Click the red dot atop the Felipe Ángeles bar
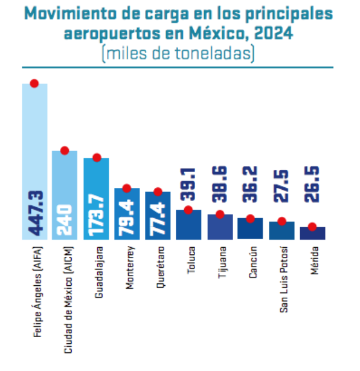pyautogui.click(x=34, y=83)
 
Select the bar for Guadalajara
pyautogui.click(x=96, y=199)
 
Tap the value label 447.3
pyautogui.click(x=36, y=213)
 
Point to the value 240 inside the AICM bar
pyautogui.click(x=65, y=220)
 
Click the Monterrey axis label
pyautogui.click(x=130, y=268)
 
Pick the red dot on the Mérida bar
pyautogui.click(x=312, y=227)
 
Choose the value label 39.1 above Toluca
pyautogui.click(x=188, y=184)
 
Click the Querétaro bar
pyautogui.click(x=158, y=216)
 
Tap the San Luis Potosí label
pyautogui.click(x=284, y=279)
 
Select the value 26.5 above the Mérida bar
pyautogui.click(x=312, y=184)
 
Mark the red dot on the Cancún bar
pyautogui.click(x=250, y=219)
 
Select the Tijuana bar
pyautogui.click(x=220, y=227)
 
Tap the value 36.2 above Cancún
pyautogui.click(x=250, y=184)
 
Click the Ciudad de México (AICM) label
pyautogui.click(x=69, y=300)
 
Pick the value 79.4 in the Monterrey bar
pyautogui.click(x=127, y=218)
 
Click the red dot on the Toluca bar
pyautogui.click(x=188, y=210)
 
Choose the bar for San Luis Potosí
pyautogui.click(x=281, y=231)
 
